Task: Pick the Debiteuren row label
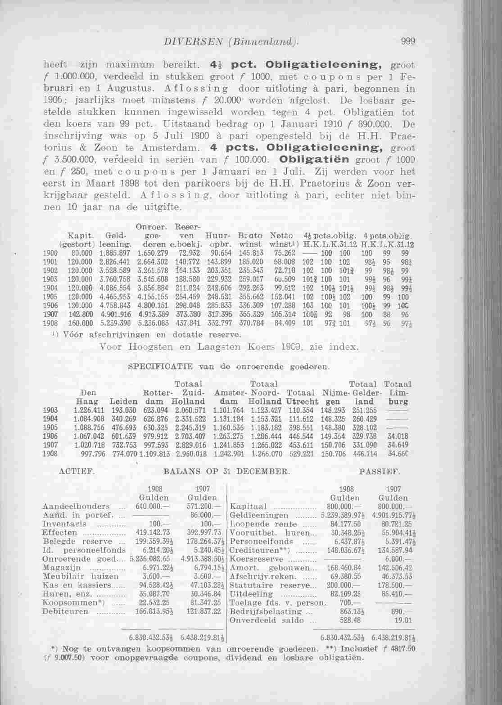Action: (x=60, y=611)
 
